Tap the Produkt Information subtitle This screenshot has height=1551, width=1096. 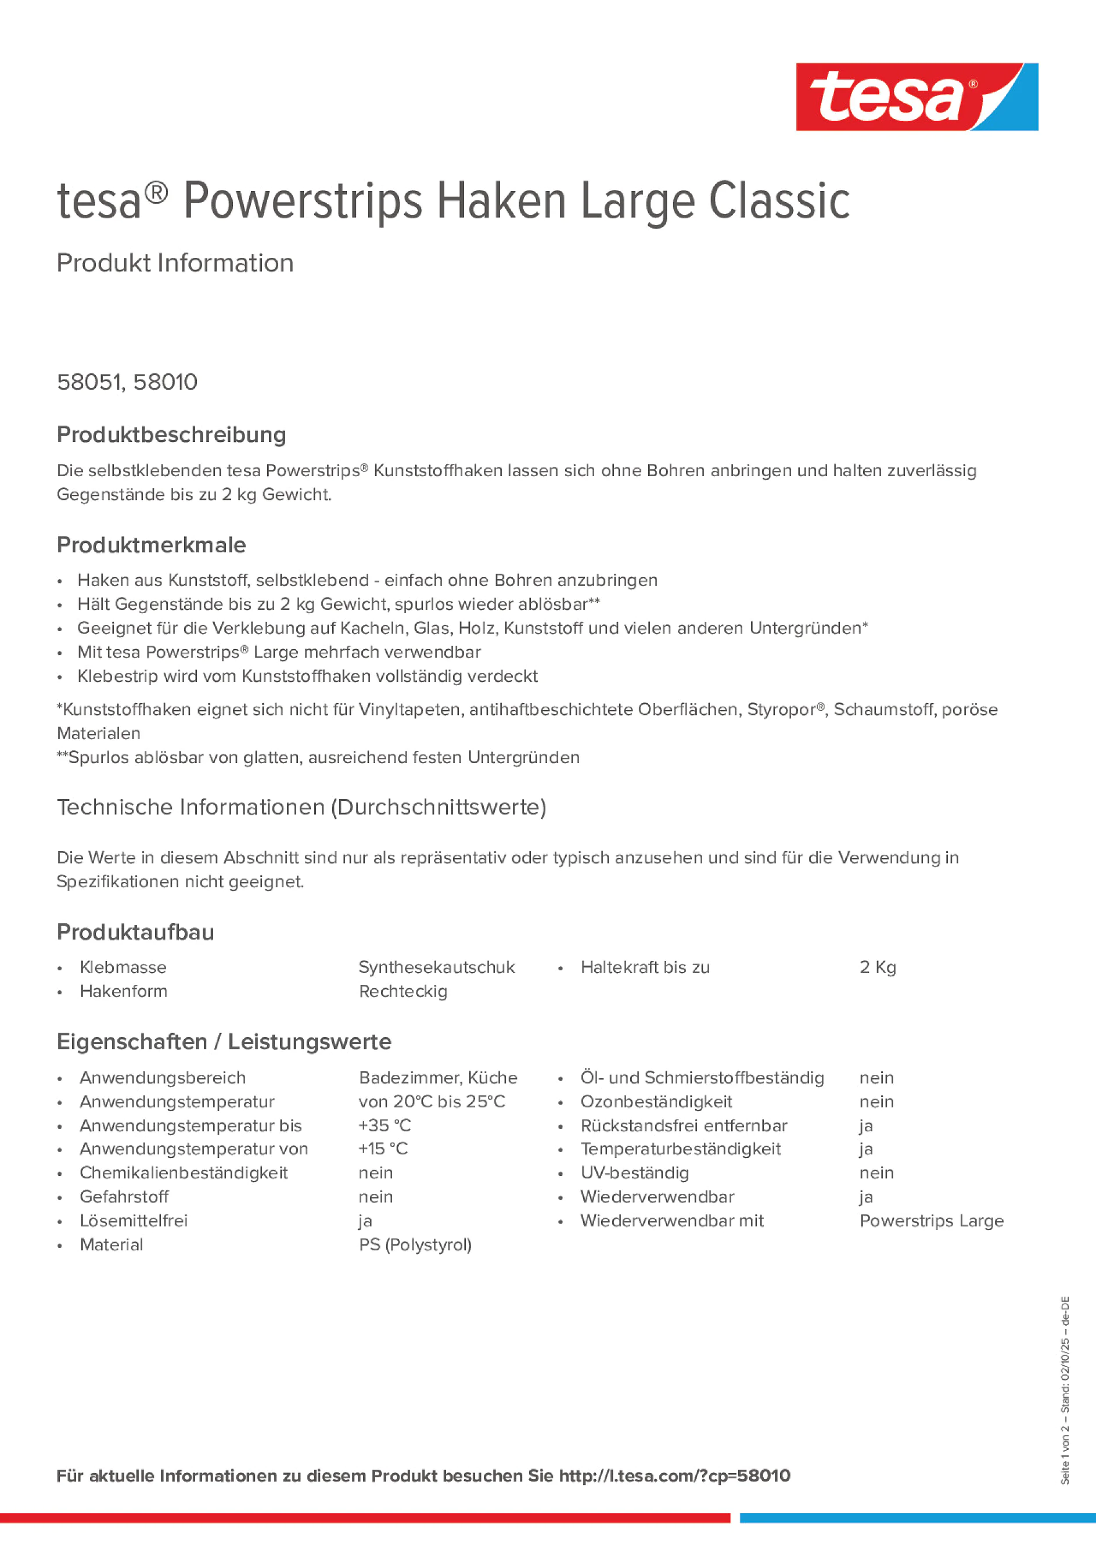(x=175, y=263)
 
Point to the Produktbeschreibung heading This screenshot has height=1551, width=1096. (x=171, y=434)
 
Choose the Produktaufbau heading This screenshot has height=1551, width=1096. (x=135, y=931)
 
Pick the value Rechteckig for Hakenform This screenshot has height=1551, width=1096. (x=403, y=991)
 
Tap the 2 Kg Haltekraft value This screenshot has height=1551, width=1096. (x=877, y=967)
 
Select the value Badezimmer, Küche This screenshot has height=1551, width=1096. (x=437, y=1078)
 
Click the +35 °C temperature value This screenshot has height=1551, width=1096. (x=385, y=1125)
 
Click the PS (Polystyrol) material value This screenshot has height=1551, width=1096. (x=415, y=1244)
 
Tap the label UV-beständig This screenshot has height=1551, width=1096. (x=634, y=1173)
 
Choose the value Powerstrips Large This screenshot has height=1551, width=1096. (x=931, y=1221)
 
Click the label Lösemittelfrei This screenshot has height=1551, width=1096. (x=133, y=1221)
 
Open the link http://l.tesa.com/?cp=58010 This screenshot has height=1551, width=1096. (x=674, y=1476)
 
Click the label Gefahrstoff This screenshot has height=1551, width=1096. (x=124, y=1196)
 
